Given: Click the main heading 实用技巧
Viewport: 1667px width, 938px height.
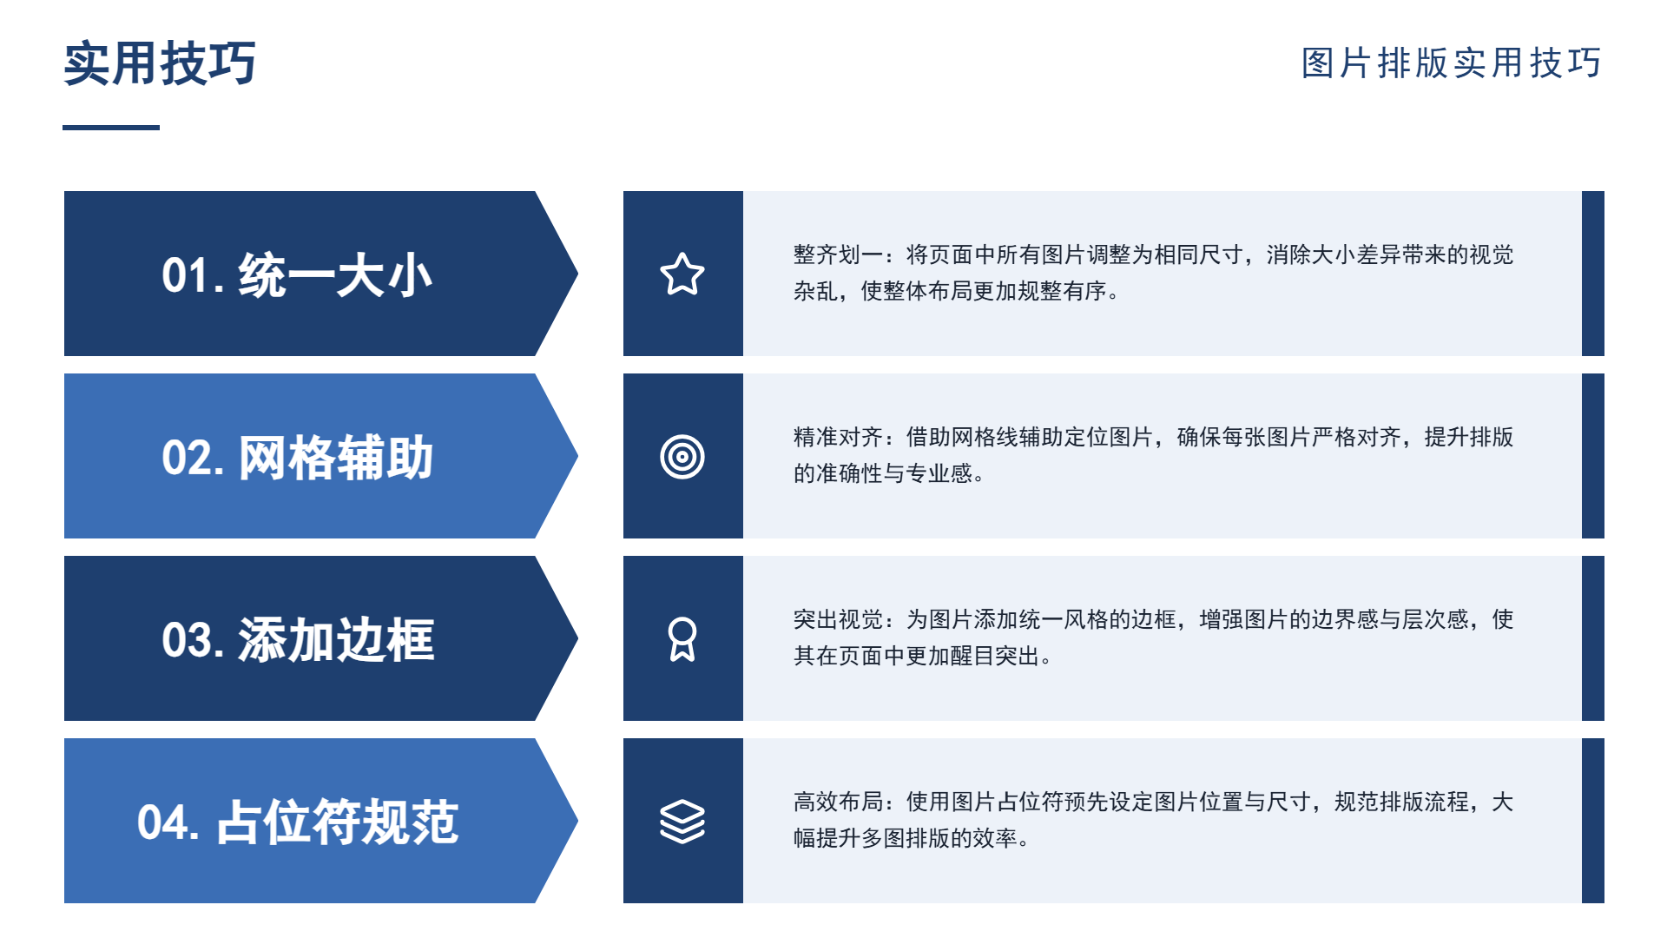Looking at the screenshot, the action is click(x=160, y=63).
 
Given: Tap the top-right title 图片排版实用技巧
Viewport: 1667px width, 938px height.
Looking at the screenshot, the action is click(x=1452, y=63).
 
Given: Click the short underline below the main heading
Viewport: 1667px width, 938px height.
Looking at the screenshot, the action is click(x=111, y=128).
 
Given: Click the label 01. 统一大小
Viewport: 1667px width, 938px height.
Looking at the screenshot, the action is click(x=297, y=275).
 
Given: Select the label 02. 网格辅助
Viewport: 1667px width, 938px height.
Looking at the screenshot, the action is click(x=297, y=458).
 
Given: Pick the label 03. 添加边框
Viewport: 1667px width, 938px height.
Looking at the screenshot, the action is click(x=297, y=640).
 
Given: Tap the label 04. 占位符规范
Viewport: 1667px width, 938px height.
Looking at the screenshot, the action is click(x=297, y=822).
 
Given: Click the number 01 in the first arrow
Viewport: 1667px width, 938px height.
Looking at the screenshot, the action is click(x=185, y=275).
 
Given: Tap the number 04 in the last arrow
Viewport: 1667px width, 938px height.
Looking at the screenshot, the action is click(x=161, y=822).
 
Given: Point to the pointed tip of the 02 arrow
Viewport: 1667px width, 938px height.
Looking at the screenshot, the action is click(x=577, y=456).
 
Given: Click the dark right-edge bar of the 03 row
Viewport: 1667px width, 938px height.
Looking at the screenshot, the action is click(x=1593, y=638).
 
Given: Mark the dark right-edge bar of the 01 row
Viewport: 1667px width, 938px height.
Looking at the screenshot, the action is click(x=1593, y=274).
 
